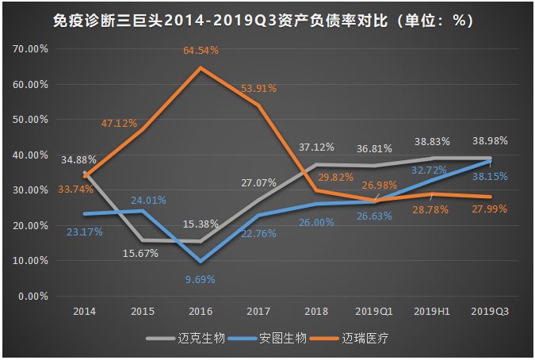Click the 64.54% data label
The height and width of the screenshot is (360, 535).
point(200,51)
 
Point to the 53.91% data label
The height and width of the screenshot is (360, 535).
point(258,88)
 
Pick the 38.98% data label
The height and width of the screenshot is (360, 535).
point(489,140)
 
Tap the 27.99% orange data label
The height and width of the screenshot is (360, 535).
point(489,208)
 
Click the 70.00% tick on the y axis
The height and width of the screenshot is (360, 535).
point(32,48)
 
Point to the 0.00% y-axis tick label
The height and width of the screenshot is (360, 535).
point(34,296)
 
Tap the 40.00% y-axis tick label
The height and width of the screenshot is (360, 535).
point(32,155)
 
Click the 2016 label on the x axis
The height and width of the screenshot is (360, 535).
point(201,312)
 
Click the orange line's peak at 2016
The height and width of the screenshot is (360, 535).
point(201,68)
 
